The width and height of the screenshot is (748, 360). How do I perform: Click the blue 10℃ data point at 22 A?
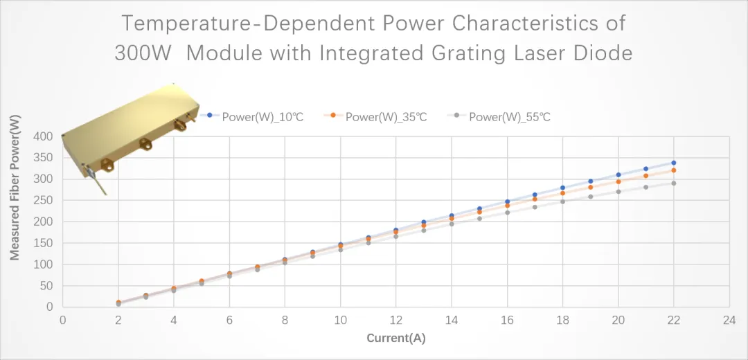pos(673,163)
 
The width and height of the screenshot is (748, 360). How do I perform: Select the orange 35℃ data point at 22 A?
pos(673,170)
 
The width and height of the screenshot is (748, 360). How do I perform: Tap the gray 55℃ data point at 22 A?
pos(673,183)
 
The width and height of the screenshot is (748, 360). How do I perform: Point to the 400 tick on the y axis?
pos(44,136)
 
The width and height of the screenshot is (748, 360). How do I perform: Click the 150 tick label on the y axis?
pos(44,243)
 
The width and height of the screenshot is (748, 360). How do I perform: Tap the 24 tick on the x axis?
pos(729,321)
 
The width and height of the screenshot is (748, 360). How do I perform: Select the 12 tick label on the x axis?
pos(395,321)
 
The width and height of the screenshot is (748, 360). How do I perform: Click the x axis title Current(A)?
pos(395,339)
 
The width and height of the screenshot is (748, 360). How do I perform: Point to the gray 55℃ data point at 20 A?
pos(618,192)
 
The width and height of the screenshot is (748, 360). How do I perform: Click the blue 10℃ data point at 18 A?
pos(562,188)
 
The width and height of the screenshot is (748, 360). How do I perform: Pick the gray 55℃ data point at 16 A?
pos(507,213)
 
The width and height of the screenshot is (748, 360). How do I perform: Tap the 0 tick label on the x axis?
pos(62,321)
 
